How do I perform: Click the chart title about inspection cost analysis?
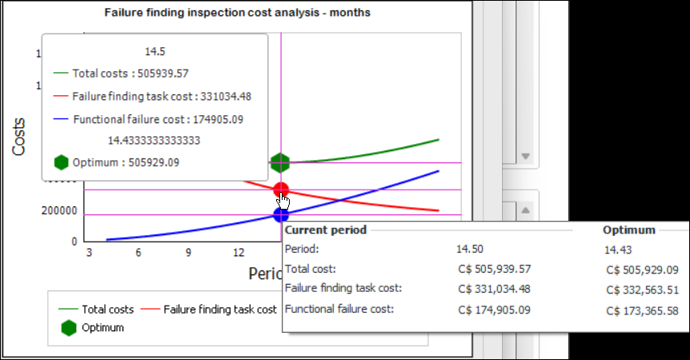[x=237, y=13]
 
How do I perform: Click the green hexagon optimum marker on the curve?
[x=280, y=163]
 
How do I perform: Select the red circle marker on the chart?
[x=281, y=190]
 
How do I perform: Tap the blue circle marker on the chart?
[x=281, y=214]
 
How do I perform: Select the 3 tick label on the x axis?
[x=89, y=253]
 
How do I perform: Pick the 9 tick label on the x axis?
[x=189, y=253]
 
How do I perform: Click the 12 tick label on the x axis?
[x=239, y=253]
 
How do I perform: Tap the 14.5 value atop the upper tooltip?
[x=154, y=51]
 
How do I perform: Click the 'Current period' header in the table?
[x=326, y=230]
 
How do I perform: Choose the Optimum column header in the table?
[x=628, y=230]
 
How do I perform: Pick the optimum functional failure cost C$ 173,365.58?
[x=642, y=310]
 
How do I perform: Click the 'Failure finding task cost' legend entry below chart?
[x=220, y=309]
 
